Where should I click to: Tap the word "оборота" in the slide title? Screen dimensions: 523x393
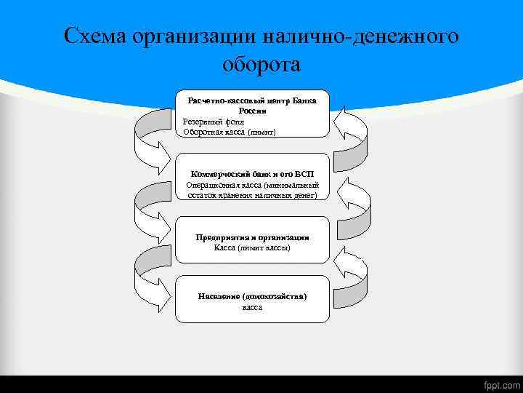coord(261,65)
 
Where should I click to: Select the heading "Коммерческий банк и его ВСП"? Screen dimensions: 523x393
coord(252,175)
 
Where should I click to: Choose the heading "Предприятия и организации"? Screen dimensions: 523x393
coord(252,237)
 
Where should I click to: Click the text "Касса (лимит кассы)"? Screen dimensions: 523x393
coord(252,247)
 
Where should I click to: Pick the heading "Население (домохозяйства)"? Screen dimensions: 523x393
coord(252,297)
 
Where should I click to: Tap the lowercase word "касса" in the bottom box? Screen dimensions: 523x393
coord(252,307)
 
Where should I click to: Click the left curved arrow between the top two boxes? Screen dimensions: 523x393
coord(153,142)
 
